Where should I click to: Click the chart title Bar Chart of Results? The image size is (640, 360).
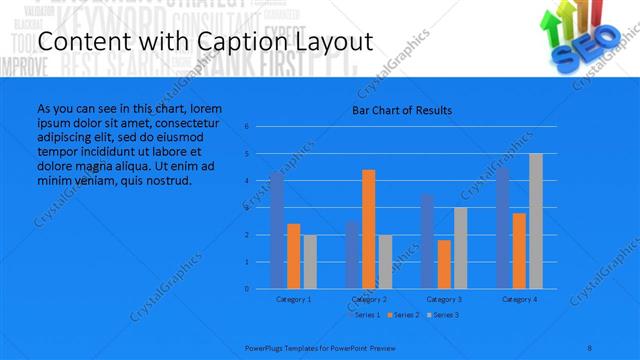tap(401, 110)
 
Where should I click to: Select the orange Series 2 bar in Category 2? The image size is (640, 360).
tap(368, 229)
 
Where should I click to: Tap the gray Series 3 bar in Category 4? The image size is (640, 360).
tap(536, 221)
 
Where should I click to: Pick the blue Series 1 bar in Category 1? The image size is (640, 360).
tap(277, 230)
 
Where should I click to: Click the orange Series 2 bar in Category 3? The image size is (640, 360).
tap(443, 264)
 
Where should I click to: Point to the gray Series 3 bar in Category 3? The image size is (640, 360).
tap(460, 248)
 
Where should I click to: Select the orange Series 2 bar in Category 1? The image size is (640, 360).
tap(293, 256)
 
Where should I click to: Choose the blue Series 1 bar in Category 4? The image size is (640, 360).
tap(503, 228)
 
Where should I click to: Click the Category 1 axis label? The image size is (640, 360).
tap(293, 299)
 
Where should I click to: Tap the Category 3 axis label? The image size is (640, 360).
tap(444, 299)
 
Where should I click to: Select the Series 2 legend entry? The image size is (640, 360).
tap(403, 315)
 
